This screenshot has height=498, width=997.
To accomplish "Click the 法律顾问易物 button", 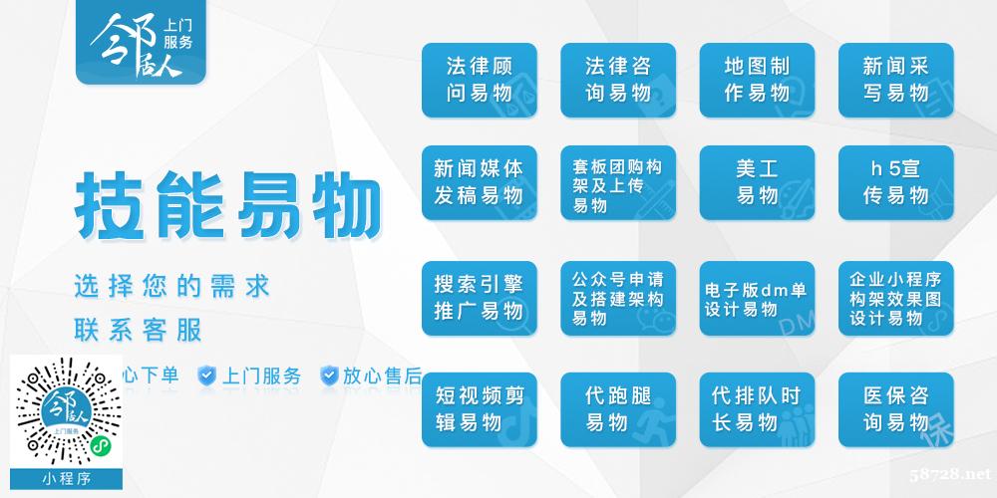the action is pos(479,80).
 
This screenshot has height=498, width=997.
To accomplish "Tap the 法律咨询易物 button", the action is pos(618,80).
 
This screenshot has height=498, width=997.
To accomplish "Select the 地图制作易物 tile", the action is pos(757,80).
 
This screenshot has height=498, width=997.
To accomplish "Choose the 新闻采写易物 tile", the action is pos(896,80).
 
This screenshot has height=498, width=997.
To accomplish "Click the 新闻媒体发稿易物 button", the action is pos(479,183).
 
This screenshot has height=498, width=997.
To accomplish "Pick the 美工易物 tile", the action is pos(757,183).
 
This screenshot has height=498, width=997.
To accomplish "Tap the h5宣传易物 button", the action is pos(896,183).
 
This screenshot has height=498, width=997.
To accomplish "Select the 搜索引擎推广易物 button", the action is pos(479,298).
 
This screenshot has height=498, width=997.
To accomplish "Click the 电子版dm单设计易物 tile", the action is pos(757,298).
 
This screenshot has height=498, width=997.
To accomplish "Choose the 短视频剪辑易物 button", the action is pos(479,409).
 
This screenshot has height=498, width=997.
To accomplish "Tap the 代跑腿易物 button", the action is pos(618,409).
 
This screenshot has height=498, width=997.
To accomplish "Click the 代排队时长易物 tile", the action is pos(757,409).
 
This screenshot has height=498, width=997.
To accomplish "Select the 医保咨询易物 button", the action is pos(896,409).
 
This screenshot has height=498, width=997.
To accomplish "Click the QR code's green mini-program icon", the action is pos(99,446).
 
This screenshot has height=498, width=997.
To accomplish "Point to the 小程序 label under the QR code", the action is pos(66,479).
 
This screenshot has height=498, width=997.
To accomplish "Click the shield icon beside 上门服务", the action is pos(206,375).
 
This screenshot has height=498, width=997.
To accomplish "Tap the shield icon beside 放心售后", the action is pos(329,375).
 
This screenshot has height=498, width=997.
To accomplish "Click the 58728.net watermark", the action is pos(949,474).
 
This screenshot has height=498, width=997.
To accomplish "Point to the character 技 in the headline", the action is pos(109,206).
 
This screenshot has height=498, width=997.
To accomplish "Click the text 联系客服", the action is pos(138,331).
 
